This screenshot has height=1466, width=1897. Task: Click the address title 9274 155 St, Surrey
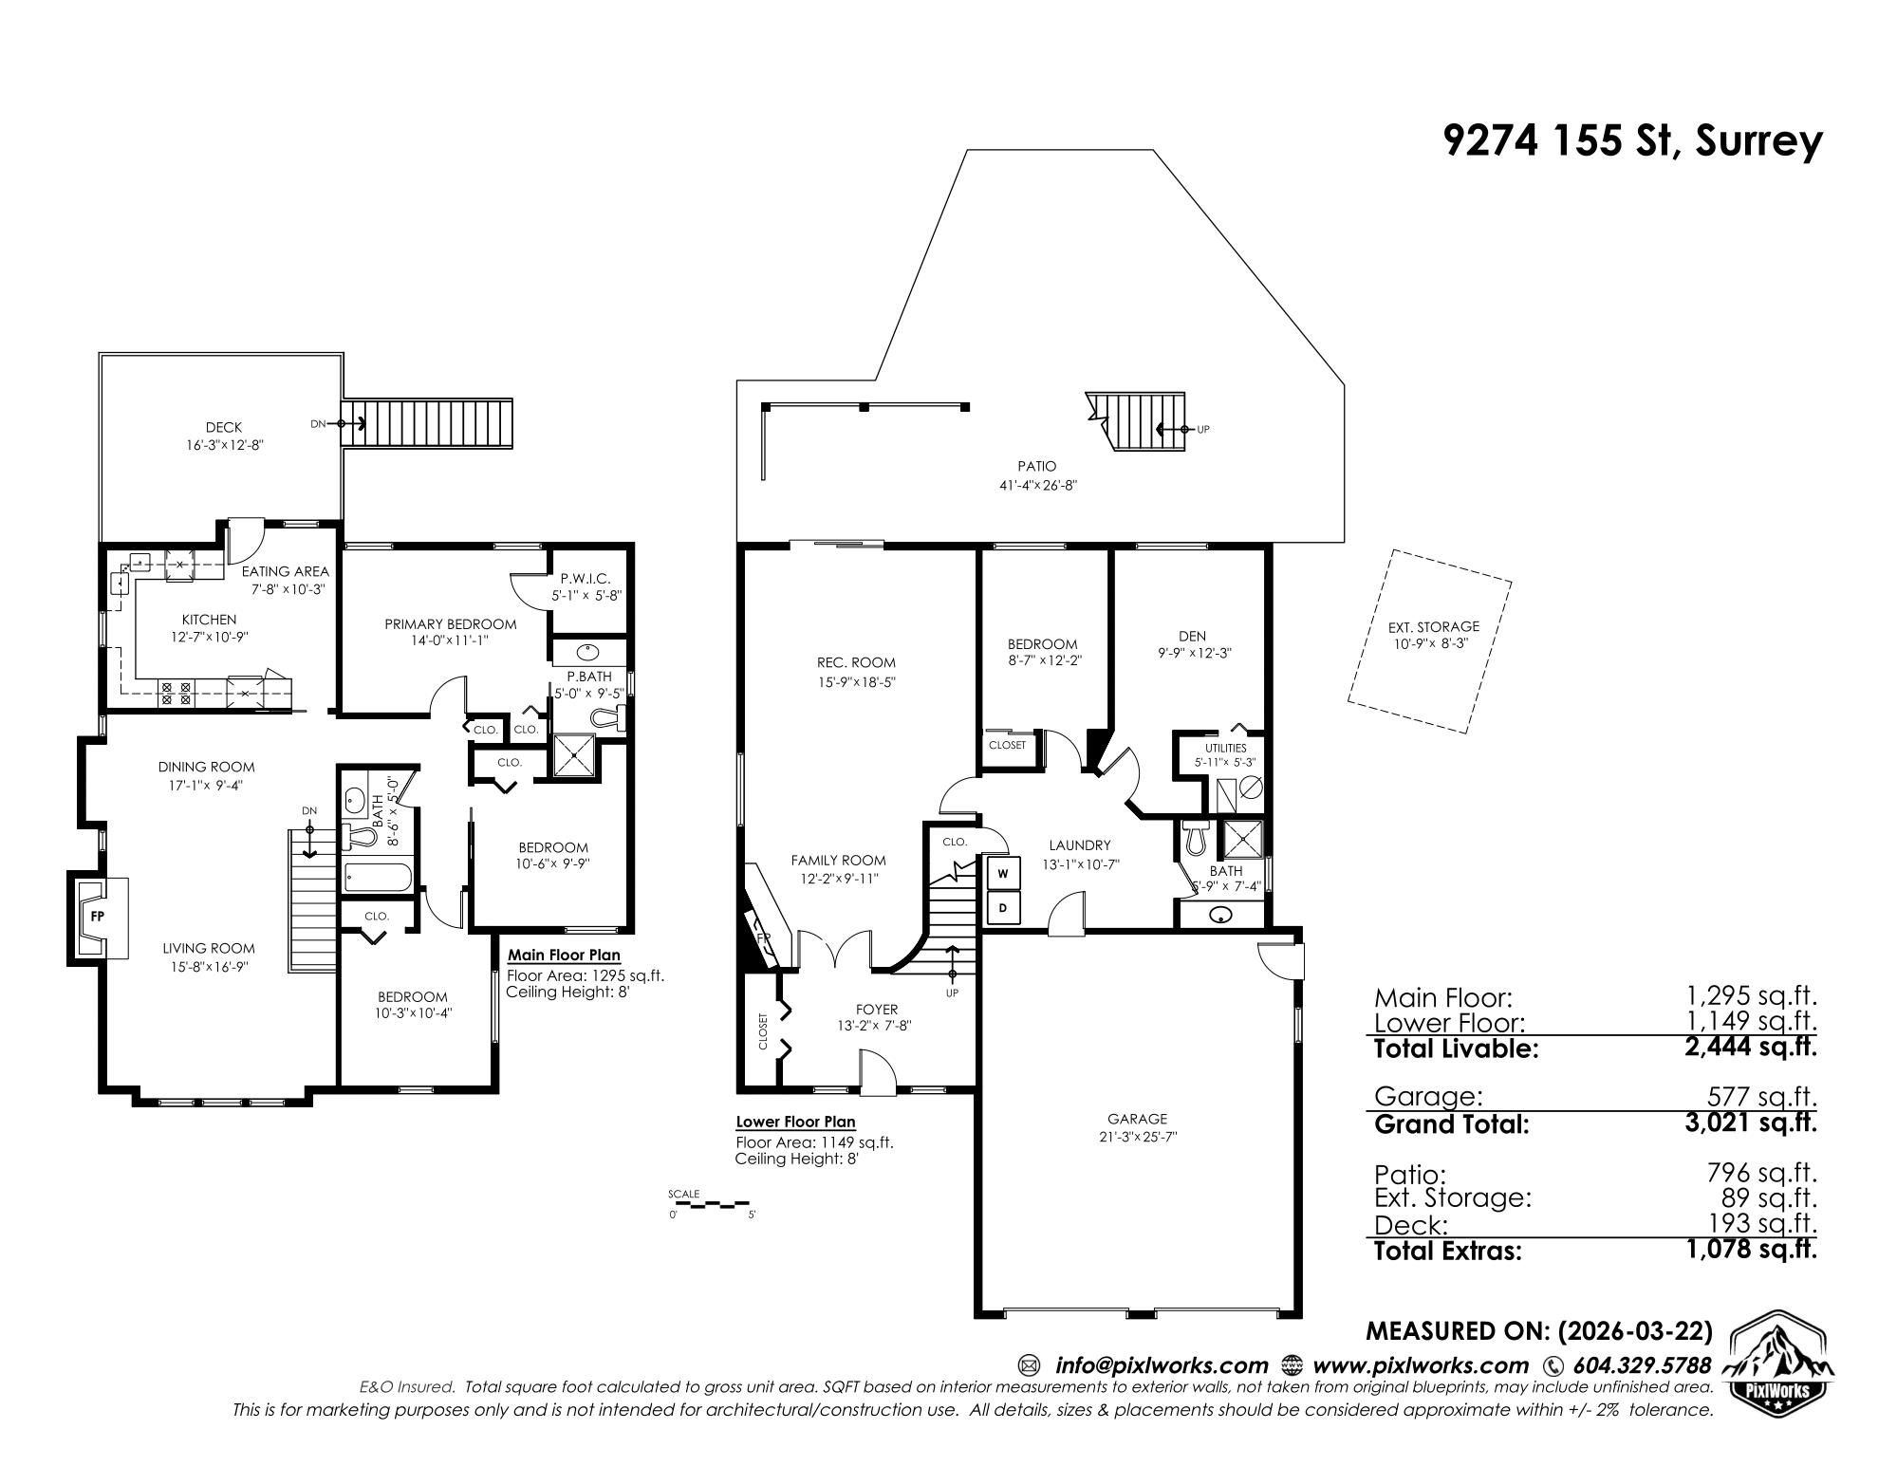pos(1632,142)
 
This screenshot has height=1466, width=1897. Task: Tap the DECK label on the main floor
pos(224,428)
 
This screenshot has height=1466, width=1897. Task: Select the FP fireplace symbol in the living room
pos(97,918)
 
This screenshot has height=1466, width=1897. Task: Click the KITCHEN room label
pos(210,620)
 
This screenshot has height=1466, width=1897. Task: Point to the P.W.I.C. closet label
pos(586,578)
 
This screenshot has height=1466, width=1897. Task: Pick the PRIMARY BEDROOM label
pos(451,624)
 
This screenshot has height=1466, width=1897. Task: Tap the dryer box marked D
pos(1003,908)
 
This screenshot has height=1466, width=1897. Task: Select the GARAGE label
pos(1137,1119)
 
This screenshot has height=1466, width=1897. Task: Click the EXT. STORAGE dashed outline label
pos(1433,626)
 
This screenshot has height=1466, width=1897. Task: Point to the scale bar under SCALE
pos(712,1206)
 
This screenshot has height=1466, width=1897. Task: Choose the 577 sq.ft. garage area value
pos(1762,1097)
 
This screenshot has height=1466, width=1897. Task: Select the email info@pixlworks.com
pos(1162,1365)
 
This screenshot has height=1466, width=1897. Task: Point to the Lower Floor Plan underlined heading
pos(795,1123)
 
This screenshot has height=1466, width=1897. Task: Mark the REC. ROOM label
pos(856,662)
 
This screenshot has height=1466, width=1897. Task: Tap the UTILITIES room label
pos(1226,748)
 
